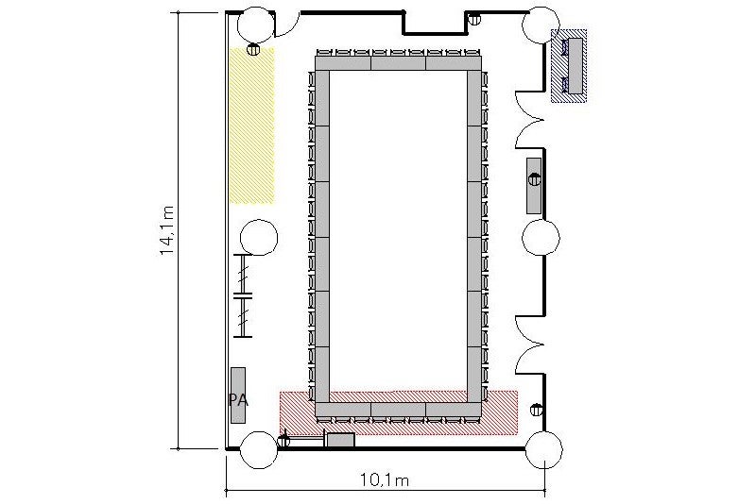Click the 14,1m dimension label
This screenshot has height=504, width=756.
(167, 230)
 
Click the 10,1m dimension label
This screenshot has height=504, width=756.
(385, 479)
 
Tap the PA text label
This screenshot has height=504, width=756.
(238, 399)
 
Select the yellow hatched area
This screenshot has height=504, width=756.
(251, 126)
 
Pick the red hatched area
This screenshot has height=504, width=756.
(399, 412)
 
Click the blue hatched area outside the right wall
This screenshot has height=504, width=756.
(569, 66)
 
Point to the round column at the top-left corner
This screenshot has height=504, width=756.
(256, 25)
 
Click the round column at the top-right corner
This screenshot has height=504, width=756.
(541, 25)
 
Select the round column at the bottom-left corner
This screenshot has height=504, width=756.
(259, 450)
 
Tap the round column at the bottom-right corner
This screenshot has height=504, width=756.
(543, 450)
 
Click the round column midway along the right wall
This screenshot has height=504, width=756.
(541, 237)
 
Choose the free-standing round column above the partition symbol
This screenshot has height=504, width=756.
(259, 237)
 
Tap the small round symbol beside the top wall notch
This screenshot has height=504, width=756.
(475, 19)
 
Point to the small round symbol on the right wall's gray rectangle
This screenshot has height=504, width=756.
(534, 179)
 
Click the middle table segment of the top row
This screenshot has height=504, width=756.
(398, 63)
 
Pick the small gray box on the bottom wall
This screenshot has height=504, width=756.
(340, 440)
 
